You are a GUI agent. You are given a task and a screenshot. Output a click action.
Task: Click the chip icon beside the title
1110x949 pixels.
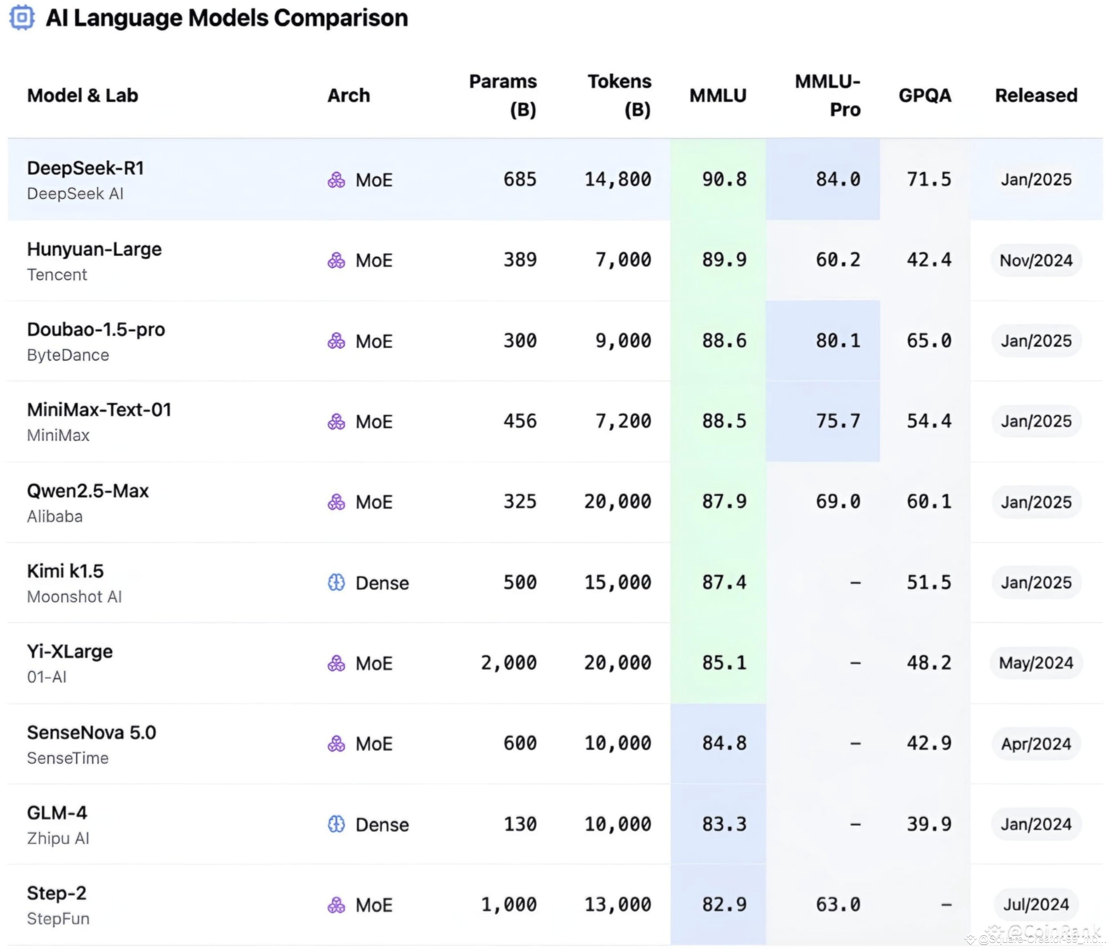pos(22,18)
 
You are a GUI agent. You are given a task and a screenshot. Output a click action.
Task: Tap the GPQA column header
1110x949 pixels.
pos(925,95)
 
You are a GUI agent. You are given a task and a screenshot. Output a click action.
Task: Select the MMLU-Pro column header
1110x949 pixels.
pos(828,95)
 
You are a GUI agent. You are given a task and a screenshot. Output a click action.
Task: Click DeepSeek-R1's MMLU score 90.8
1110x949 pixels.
pos(724,179)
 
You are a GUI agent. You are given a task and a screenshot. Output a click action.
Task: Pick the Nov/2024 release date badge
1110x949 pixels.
pos(1035,260)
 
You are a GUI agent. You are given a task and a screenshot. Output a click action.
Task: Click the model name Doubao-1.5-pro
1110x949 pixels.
pos(96,330)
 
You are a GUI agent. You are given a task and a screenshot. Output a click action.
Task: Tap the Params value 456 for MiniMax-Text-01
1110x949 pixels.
pos(519,421)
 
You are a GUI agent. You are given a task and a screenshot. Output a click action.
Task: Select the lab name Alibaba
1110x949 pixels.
pos(55,516)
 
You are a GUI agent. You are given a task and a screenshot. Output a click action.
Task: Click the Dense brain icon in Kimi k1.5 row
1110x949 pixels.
pos(337,583)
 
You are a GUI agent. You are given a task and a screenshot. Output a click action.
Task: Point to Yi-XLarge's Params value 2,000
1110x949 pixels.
pos(508,663)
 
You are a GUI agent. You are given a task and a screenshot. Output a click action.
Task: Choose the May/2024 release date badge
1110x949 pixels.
pos(1035,663)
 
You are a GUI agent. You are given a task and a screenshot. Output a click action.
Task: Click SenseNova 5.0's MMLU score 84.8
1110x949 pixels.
pos(724,744)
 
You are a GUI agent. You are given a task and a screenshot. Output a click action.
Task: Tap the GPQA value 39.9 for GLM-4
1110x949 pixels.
pos(929,824)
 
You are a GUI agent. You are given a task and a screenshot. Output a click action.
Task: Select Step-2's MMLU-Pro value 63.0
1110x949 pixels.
pos(838,905)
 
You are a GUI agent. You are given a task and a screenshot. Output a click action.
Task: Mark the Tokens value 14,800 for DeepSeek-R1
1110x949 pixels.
pos(618,179)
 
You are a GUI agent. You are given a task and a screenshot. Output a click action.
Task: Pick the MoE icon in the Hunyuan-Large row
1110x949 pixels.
pos(337,260)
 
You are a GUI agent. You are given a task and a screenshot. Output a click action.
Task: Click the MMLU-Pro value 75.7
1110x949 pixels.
pos(838,421)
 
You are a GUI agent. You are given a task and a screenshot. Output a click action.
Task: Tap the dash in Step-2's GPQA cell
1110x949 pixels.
pos(946,905)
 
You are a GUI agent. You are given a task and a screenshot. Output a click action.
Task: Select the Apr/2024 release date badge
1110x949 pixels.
pos(1035,744)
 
